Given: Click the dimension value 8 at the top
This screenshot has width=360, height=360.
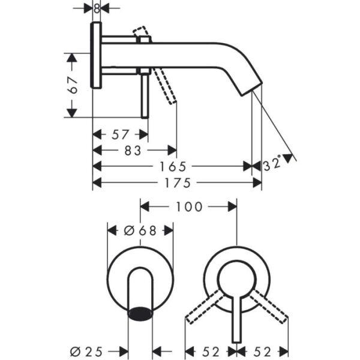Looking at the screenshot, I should (96, 8).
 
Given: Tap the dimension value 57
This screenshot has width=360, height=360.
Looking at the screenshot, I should (120, 135).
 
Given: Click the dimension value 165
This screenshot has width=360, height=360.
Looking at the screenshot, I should (174, 166).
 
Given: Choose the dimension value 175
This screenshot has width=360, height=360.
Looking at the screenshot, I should (177, 182).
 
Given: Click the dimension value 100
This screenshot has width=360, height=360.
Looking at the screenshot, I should (189, 207).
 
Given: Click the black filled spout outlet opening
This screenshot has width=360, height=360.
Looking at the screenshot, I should (141, 313).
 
